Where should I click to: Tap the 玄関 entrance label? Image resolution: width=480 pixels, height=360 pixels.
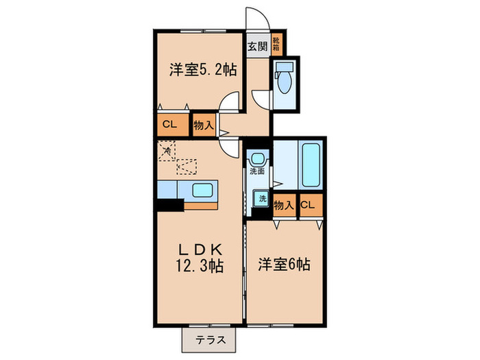click(257, 47)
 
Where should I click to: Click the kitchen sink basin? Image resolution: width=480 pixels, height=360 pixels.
click(202, 190)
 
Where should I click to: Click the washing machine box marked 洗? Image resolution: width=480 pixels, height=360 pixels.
click(261, 199)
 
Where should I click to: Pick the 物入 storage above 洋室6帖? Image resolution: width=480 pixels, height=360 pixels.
click(284, 204)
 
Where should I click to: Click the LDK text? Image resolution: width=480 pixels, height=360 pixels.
click(199, 249)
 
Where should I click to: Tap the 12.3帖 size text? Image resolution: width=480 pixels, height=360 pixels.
click(199, 265)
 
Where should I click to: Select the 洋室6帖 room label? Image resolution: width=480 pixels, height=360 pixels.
click(285, 264)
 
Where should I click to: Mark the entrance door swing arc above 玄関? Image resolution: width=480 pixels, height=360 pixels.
click(256, 21)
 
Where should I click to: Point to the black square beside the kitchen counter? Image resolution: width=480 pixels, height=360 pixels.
click(169, 204)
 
